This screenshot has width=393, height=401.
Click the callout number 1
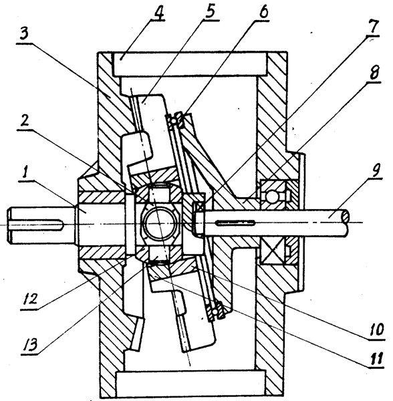25,173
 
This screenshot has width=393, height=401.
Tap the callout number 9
375,170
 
